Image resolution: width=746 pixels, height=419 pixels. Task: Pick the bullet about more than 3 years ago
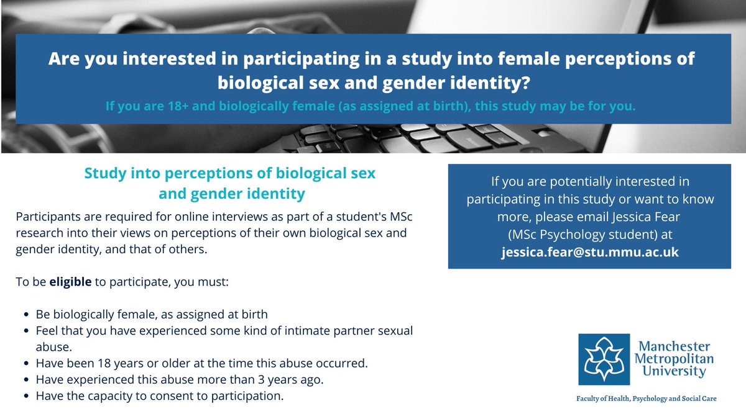(x=187, y=379)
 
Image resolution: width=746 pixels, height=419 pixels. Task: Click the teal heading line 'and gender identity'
(x=231, y=194)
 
